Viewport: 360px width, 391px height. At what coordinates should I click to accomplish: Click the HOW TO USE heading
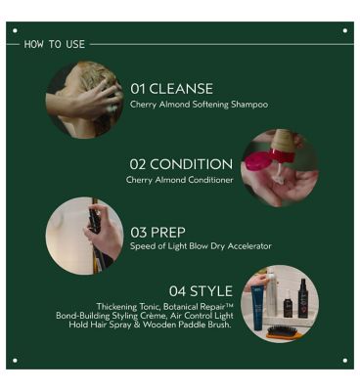[x=54, y=44]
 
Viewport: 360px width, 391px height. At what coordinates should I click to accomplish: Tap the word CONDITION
[x=198, y=164]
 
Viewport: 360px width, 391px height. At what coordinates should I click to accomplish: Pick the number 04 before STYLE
[x=178, y=290]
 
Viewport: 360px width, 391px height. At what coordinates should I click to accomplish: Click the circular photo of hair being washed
[x=84, y=99]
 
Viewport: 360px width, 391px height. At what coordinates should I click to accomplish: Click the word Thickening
[x=117, y=306]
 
